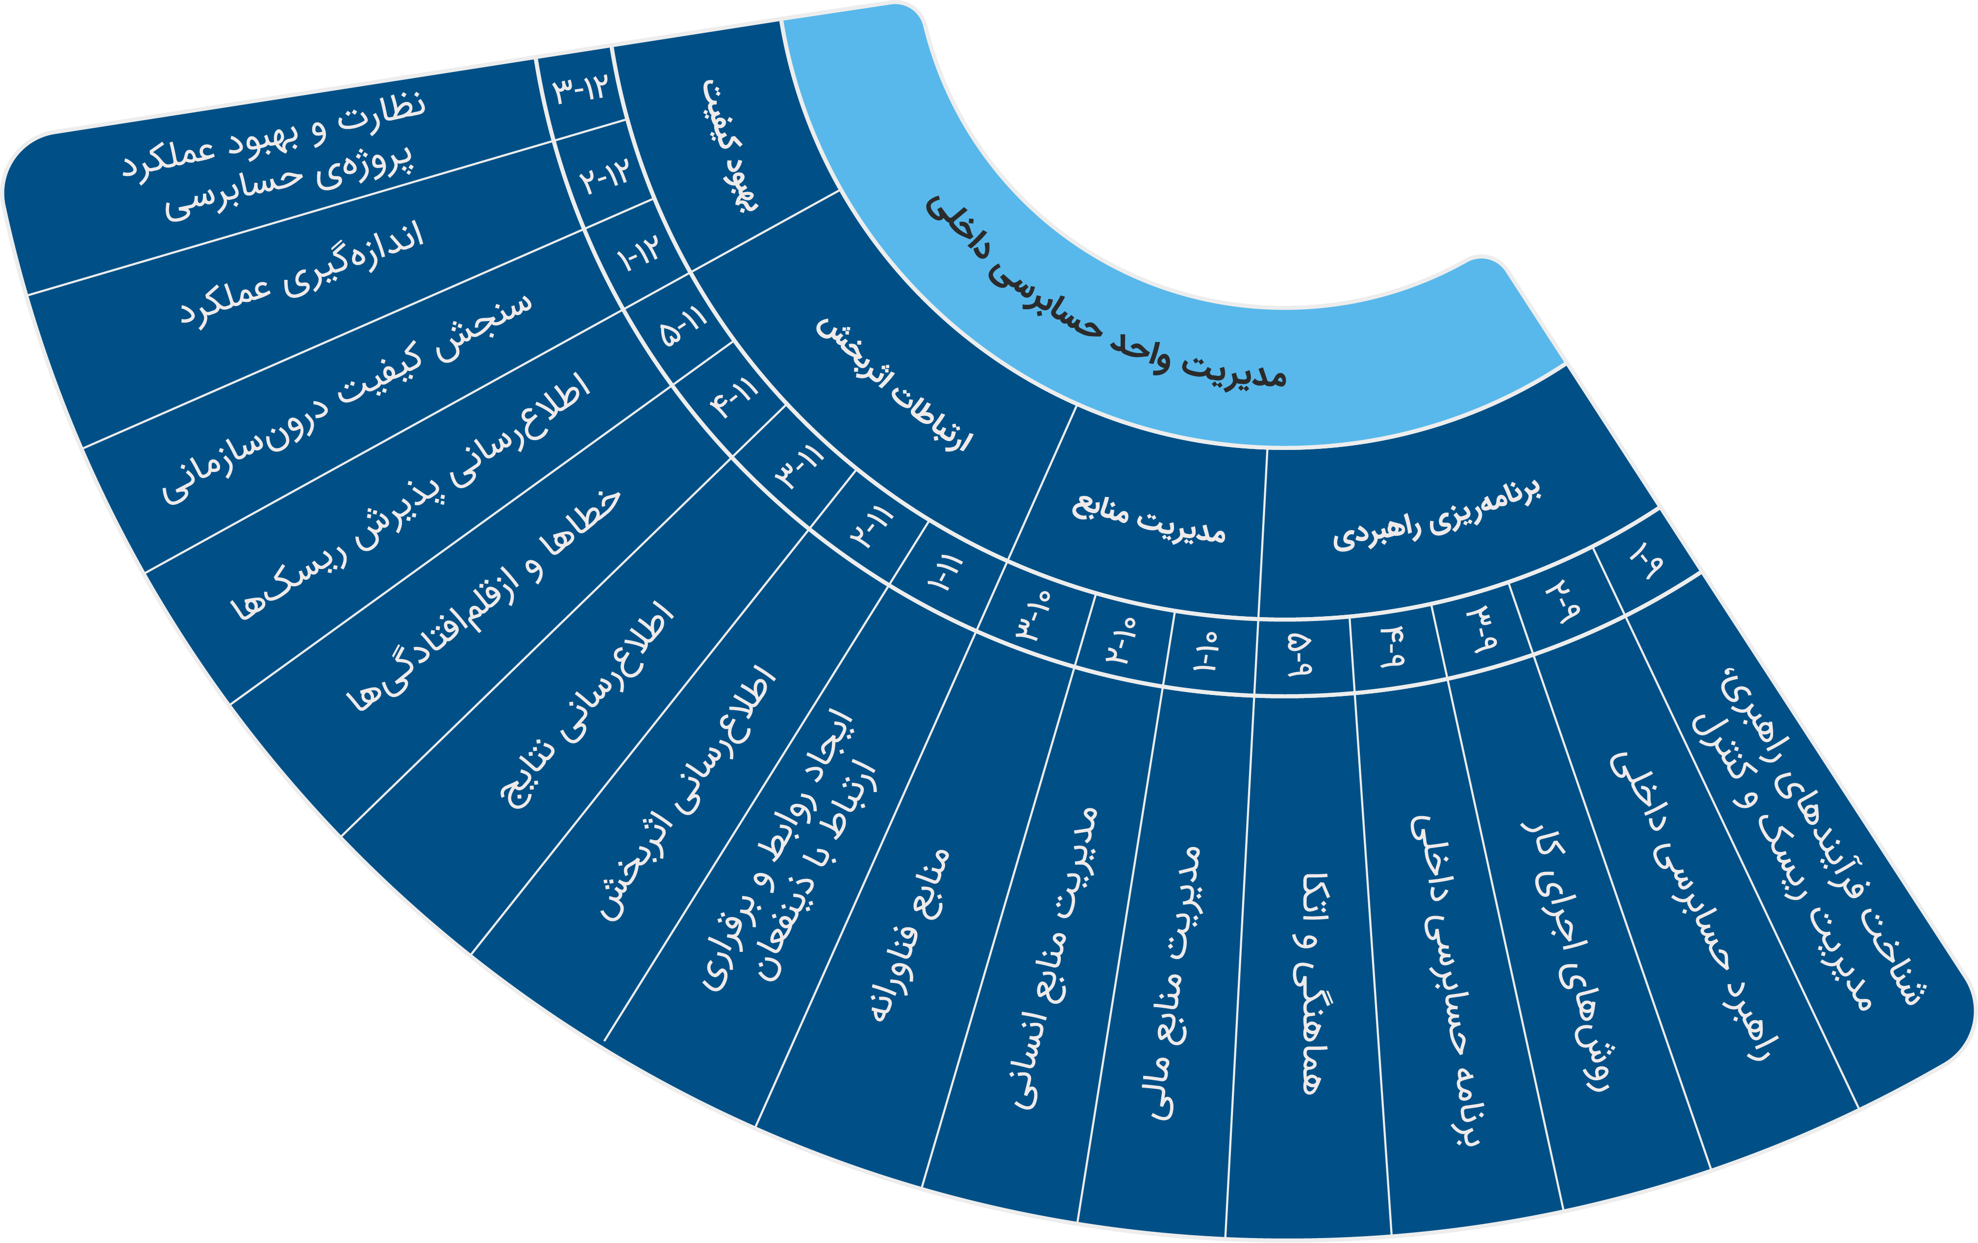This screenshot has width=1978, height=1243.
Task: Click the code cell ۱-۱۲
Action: click(x=639, y=255)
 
